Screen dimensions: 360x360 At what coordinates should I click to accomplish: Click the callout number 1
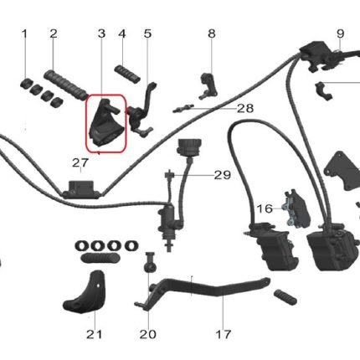tap(24, 33)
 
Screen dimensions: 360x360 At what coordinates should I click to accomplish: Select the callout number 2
tap(54, 33)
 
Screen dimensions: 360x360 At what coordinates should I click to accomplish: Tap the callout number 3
tap(101, 33)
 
